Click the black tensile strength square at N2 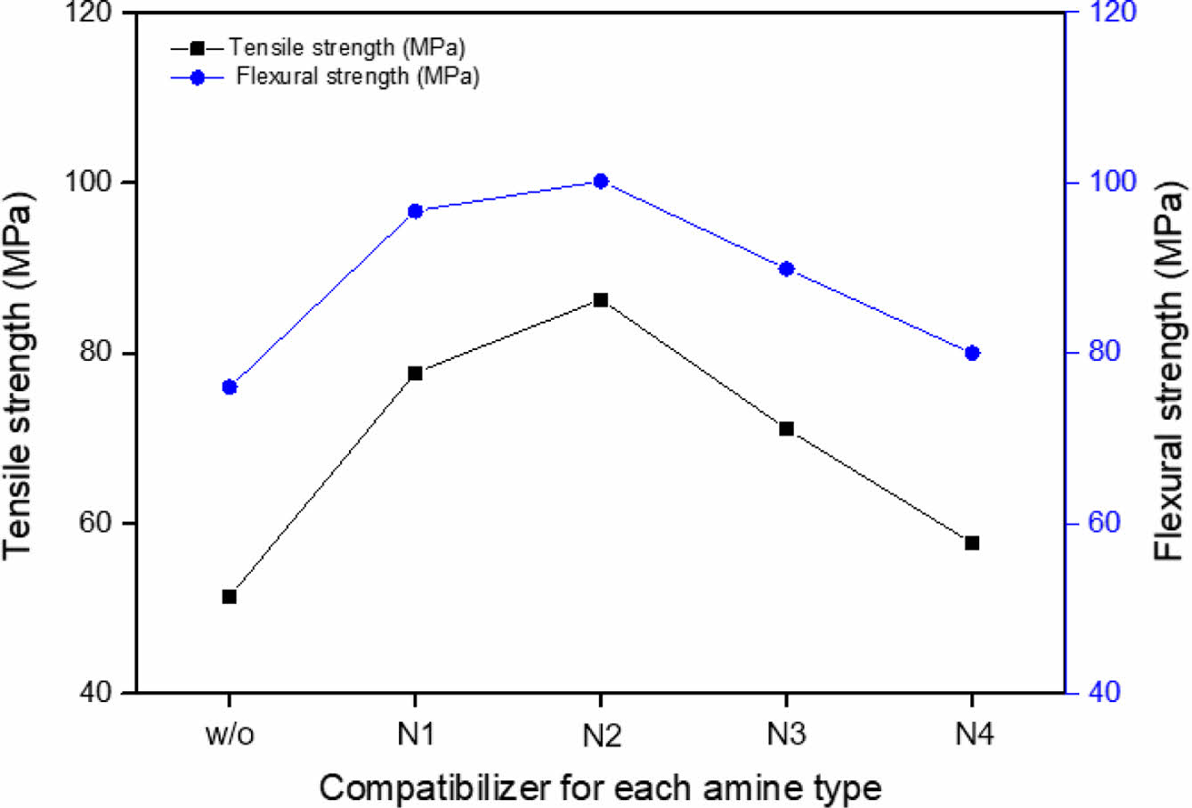tap(601, 300)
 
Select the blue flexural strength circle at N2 tap(600, 181)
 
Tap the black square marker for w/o tap(229, 596)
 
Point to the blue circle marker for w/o tap(229, 387)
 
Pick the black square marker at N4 tap(972, 543)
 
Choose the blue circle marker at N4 tap(972, 353)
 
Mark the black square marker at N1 tap(415, 373)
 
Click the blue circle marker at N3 tap(786, 268)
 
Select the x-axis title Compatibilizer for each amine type tap(600, 788)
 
